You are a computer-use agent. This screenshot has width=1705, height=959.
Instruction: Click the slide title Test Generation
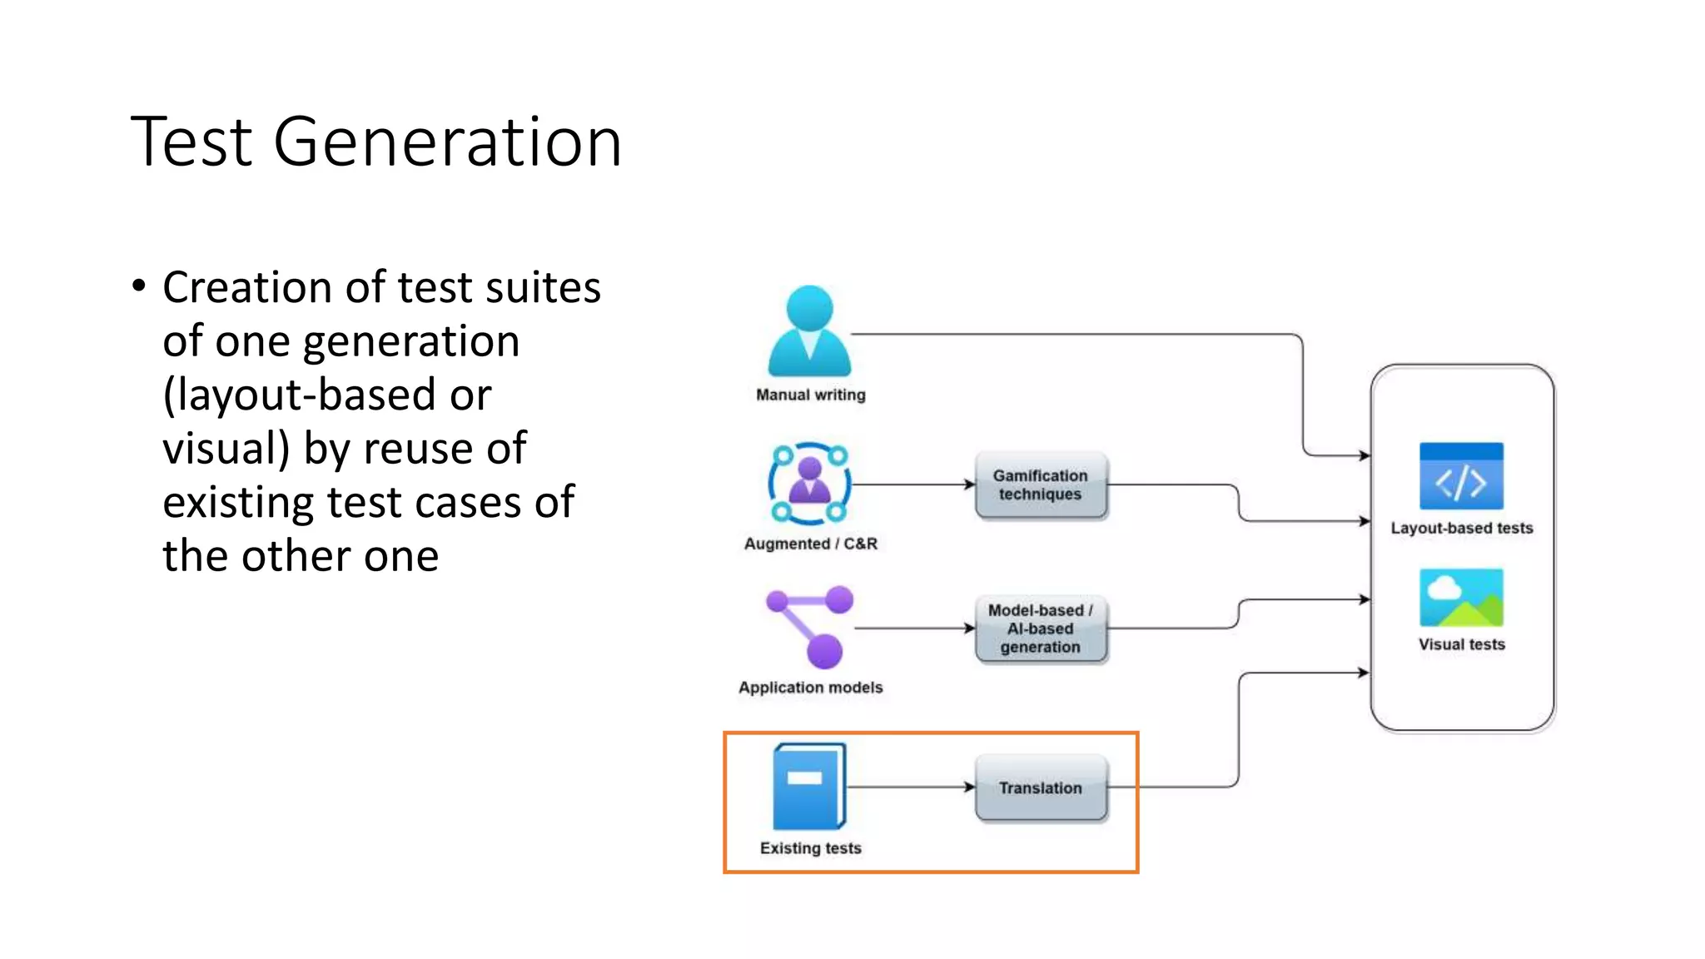pos(375,142)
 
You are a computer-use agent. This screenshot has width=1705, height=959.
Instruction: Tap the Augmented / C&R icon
pos(809,484)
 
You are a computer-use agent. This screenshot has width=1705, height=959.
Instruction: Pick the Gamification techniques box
pos(1041,485)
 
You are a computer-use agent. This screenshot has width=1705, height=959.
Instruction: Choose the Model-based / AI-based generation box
pos(1041,629)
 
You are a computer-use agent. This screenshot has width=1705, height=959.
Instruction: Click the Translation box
pos(1041,788)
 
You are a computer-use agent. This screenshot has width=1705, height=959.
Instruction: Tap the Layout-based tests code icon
pos(1461,476)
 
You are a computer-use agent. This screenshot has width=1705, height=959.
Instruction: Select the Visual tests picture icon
pos(1461,598)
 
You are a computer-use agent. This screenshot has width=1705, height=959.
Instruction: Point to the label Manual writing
pos(810,395)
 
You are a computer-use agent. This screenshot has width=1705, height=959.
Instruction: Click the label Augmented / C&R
pos(810,544)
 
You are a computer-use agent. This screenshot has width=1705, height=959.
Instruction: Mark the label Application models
pos(810,688)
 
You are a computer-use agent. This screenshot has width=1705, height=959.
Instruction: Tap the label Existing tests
pos(810,848)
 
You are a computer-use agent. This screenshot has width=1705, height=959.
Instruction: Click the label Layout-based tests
pos(1461,528)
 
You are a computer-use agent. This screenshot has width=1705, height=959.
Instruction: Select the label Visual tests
pos(1461,644)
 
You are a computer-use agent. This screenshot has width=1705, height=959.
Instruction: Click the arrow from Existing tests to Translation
pos(911,787)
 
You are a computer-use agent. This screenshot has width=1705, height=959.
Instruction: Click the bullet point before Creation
pos(139,286)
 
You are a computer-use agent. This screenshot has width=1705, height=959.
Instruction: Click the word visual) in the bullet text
pos(226,449)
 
